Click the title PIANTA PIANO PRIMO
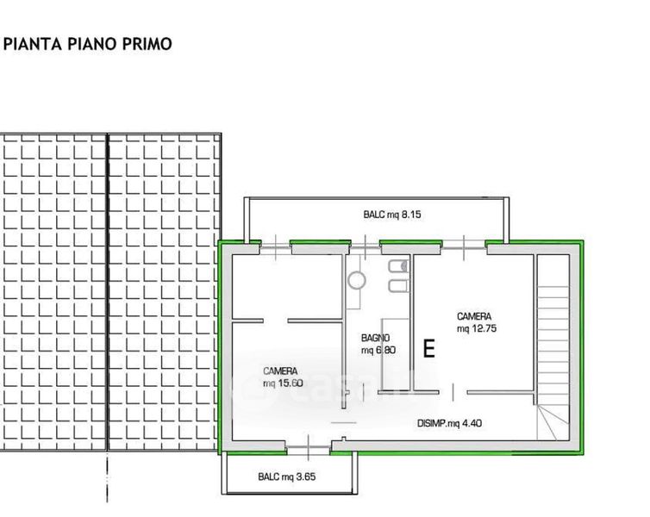point(87,44)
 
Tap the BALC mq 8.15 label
point(392,215)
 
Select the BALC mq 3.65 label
point(287,477)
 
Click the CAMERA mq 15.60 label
point(283,377)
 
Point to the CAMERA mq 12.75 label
point(477,322)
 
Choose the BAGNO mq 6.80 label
point(378,344)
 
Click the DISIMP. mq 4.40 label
point(449,423)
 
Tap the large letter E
point(429,348)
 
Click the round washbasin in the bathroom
point(357,280)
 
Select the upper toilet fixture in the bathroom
point(399,266)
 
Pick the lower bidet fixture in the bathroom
point(399,286)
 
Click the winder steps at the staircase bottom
point(553,421)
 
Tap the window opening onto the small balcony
point(309,448)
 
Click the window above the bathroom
point(366,248)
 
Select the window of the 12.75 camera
point(464,248)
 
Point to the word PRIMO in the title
point(147,44)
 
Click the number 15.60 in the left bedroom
point(291,383)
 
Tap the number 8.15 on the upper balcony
point(411,215)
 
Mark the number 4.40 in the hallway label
point(472,423)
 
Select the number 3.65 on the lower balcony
point(305,477)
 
